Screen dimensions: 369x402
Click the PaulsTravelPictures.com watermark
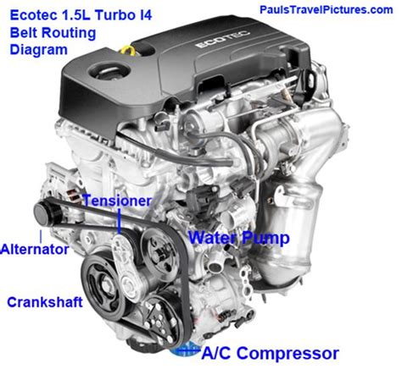point(328,8)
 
